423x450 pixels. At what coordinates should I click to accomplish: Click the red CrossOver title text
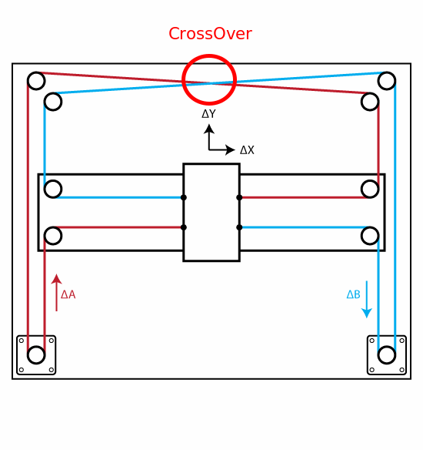point(210,34)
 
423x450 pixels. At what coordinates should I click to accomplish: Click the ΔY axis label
point(208,114)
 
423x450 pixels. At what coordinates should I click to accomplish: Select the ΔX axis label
point(247,150)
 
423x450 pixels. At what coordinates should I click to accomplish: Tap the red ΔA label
point(68,295)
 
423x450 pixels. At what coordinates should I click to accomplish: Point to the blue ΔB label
point(354,294)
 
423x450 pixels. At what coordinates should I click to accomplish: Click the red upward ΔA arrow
point(56,293)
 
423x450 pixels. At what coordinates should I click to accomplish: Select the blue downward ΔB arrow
point(367,299)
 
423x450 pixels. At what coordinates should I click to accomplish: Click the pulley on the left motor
point(36,355)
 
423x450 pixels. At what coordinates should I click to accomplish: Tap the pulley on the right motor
point(387,355)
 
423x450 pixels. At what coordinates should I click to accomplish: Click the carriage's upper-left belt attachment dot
point(184,197)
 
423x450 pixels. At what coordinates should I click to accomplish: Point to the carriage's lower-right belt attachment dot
point(239,227)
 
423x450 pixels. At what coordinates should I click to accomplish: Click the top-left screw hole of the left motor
point(22,341)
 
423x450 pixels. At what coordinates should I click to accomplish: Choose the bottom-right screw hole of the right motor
point(401,370)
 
